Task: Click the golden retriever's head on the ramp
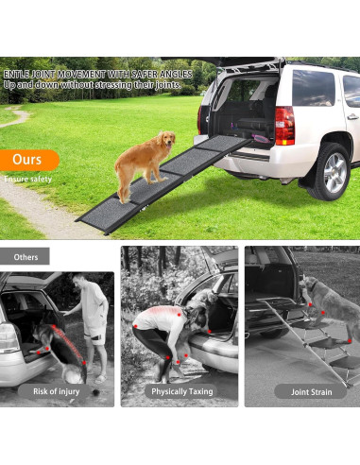(x=167, y=141)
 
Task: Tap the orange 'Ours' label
(x=28, y=160)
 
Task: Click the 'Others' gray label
(x=26, y=256)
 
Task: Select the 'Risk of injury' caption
(x=57, y=390)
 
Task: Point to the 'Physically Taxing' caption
(x=179, y=390)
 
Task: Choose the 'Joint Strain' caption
(x=303, y=390)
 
